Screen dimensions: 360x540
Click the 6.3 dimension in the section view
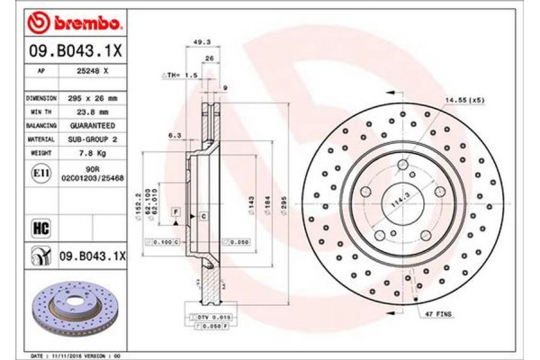click(x=175, y=137)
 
